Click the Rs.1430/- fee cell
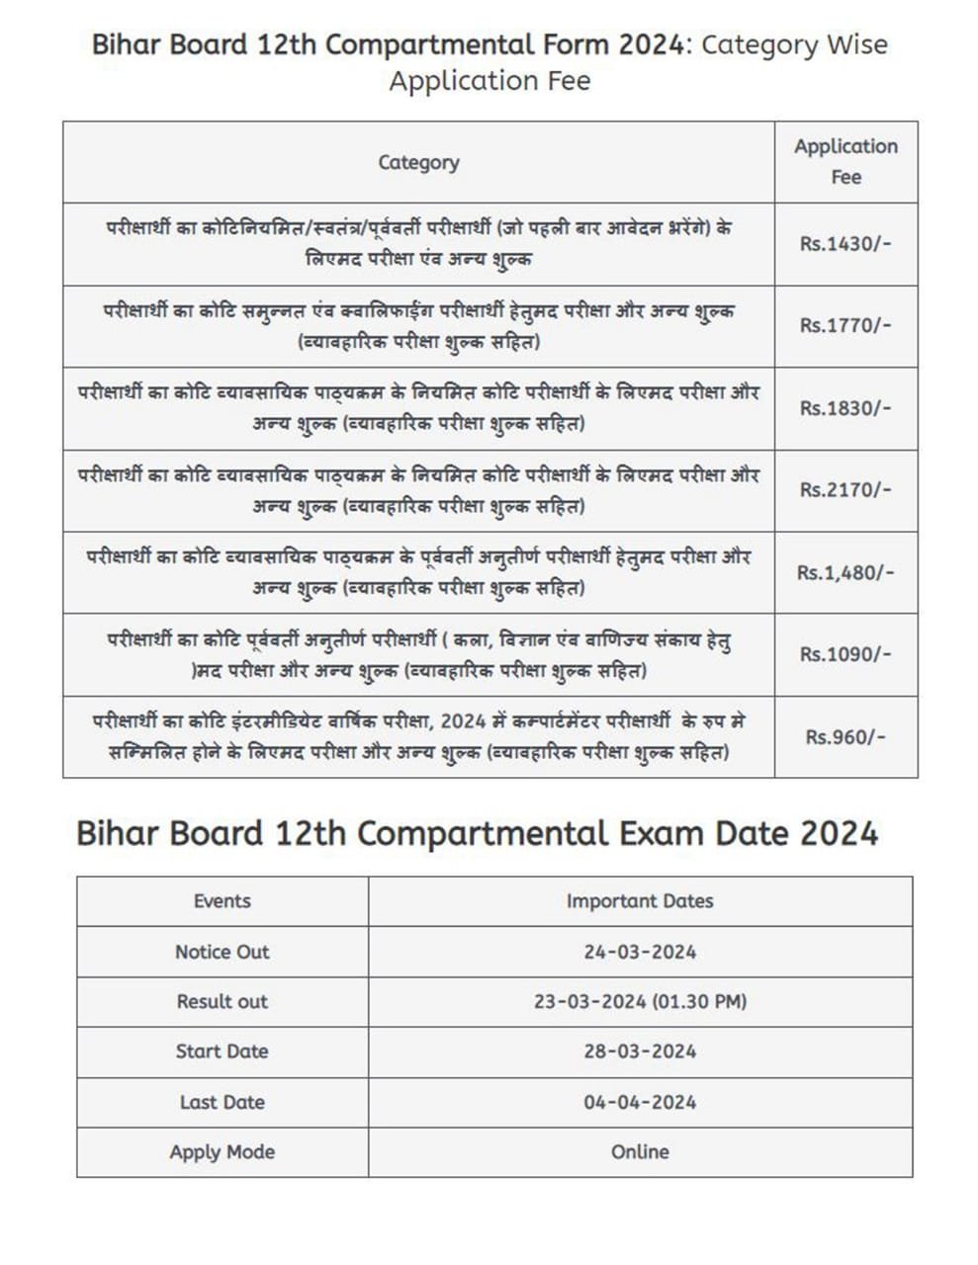click(845, 244)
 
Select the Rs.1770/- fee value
click(845, 326)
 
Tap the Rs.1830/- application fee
click(845, 408)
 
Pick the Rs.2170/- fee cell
click(845, 490)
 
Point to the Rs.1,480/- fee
click(845, 572)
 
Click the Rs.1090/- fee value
click(845, 654)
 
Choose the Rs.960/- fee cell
click(845, 737)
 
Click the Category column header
click(418, 162)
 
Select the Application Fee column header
click(845, 162)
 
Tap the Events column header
click(222, 901)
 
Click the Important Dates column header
click(640, 901)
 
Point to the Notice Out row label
click(222, 952)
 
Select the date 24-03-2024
click(640, 952)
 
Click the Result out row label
click(222, 1002)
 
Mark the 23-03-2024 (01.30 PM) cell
click(640, 1002)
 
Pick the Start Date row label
click(222, 1052)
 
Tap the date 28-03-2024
click(640, 1052)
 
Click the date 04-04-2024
click(640, 1102)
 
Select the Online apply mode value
click(640, 1152)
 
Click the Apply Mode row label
click(222, 1152)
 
